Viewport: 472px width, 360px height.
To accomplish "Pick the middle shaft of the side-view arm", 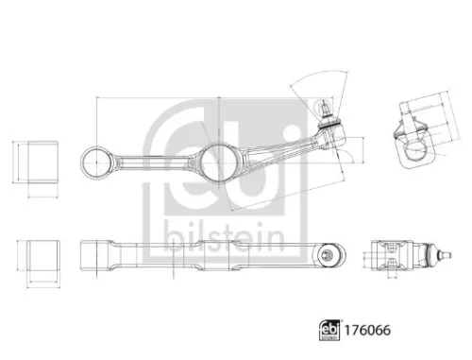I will pos(208,253).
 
